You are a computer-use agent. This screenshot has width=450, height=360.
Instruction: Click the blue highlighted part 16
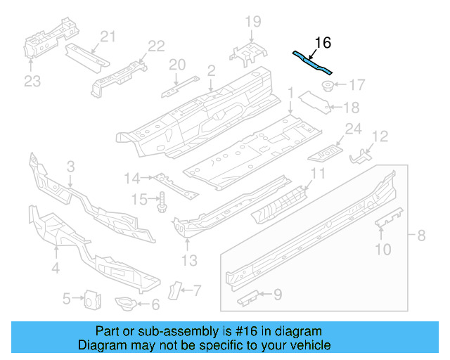pos(312,63)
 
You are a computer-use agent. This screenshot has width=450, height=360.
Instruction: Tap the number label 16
pos(322,44)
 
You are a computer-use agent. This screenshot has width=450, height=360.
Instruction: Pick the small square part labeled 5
pos(90,300)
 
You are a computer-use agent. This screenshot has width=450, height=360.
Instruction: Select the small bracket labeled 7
pos(175,289)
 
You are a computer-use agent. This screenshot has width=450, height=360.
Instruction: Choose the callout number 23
pos(32,82)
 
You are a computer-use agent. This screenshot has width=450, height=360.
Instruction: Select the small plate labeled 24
pos(327,149)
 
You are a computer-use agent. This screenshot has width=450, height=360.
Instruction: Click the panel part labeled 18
pos(316,102)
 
